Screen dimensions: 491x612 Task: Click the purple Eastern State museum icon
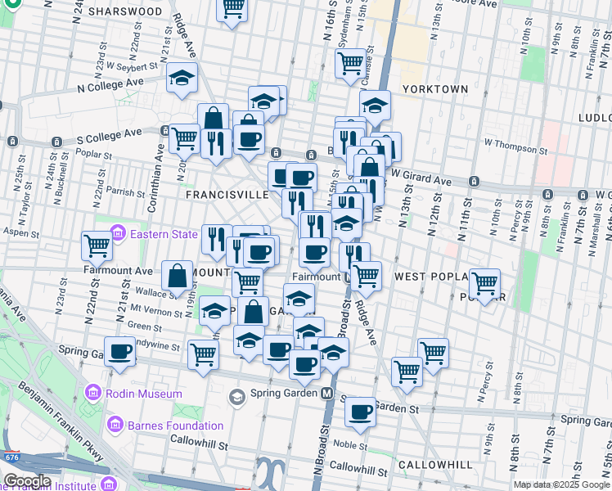tap(118, 234)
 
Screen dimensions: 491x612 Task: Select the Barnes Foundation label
tap(176, 426)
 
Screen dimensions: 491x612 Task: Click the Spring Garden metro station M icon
tap(327, 393)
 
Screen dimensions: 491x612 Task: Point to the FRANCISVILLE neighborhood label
tap(227, 196)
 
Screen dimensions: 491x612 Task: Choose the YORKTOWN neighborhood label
tap(435, 89)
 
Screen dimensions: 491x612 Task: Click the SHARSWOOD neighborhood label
tap(125, 11)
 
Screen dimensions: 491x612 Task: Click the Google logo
tap(27, 481)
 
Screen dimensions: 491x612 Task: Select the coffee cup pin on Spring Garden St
tap(360, 412)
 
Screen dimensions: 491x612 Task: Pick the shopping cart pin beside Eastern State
tap(97, 245)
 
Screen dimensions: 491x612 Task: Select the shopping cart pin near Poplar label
tap(484, 283)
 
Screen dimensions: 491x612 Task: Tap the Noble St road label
tap(349, 445)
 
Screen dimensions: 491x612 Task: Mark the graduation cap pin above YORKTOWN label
tap(375, 105)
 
